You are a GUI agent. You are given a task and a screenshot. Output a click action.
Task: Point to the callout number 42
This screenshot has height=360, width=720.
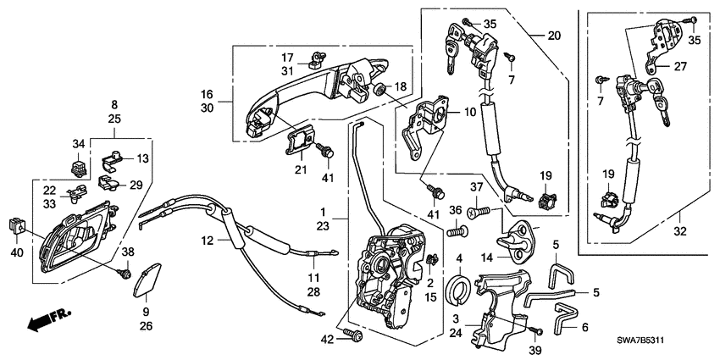[x=327, y=339]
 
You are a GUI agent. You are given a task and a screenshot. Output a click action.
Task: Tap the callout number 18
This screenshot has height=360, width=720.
[x=400, y=87]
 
